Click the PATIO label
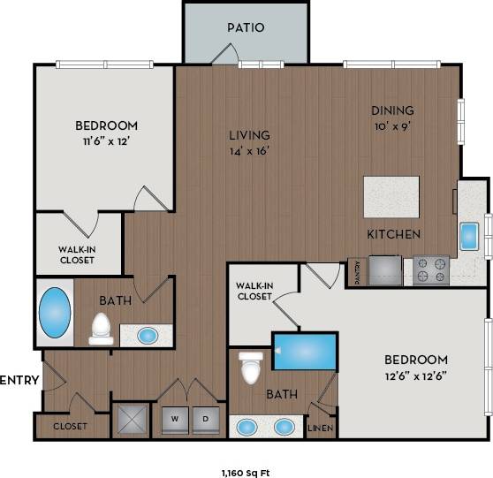[245, 27]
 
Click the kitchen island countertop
[391, 196]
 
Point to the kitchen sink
[468, 236]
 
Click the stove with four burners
[431, 269]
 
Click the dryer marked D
[207, 416]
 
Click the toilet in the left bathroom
[101, 328]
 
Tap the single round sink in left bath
[147, 336]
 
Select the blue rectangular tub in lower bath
[305, 351]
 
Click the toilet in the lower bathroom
[253, 367]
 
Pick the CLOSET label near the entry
[70, 426]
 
